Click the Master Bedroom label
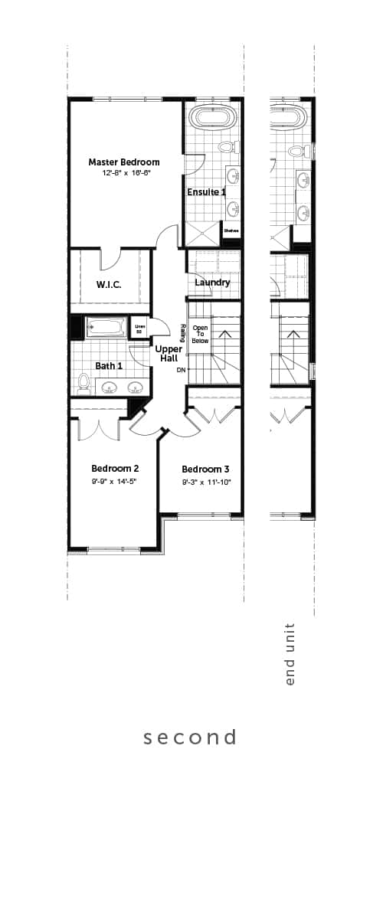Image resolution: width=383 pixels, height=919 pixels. (124, 162)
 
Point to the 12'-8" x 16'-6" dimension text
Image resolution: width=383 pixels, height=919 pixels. (124, 173)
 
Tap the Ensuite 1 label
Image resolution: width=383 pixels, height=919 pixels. (206, 191)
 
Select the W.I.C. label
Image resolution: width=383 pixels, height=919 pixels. (109, 285)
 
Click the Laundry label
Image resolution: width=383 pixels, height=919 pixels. (212, 283)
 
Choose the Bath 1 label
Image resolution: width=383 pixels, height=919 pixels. (109, 366)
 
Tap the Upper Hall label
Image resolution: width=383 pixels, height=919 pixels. (169, 354)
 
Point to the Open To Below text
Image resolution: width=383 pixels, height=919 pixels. (200, 334)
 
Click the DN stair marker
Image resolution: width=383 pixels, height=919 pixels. (181, 370)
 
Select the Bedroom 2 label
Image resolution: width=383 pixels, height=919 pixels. (115, 469)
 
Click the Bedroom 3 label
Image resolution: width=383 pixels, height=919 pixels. (205, 469)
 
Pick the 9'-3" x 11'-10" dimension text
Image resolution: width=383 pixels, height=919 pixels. (205, 482)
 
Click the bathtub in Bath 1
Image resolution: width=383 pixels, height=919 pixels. (106, 327)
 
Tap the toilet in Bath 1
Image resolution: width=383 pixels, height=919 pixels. (84, 382)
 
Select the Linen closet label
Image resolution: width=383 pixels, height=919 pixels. (139, 329)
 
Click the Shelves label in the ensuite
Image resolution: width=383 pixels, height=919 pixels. (231, 230)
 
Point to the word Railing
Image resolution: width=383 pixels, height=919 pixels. (184, 333)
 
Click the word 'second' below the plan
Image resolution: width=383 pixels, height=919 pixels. (190, 737)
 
